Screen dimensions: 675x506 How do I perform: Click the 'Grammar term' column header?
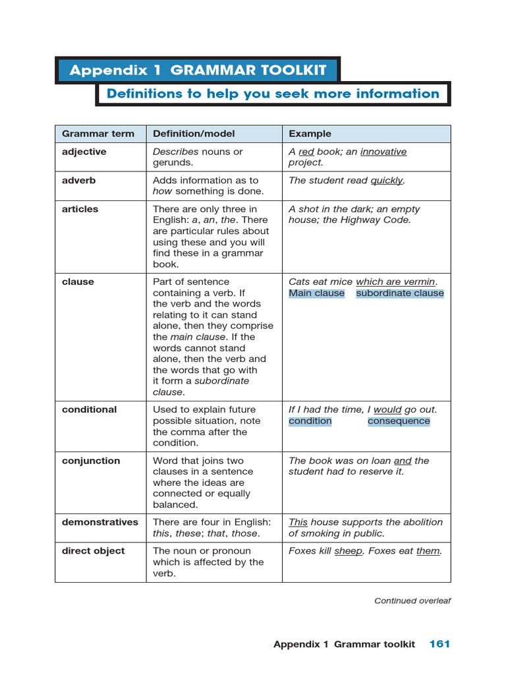tap(98, 134)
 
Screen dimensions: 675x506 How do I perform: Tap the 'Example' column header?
tap(310, 134)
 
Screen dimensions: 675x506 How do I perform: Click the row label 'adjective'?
tap(84, 152)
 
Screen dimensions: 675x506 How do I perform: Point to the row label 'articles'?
tap(80, 210)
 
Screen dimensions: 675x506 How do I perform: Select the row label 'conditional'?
tap(90, 410)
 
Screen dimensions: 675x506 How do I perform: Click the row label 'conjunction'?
tap(91, 461)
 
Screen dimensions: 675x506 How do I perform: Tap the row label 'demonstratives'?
tap(100, 522)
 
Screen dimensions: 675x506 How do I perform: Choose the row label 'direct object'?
tap(93, 551)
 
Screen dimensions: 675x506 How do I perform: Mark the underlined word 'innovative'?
tap(383, 152)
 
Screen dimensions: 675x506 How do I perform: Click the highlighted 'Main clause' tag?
tap(316, 293)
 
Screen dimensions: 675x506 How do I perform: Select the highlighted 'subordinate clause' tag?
tap(400, 293)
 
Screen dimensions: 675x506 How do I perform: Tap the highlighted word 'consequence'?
tap(399, 421)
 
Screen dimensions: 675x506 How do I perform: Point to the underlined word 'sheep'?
tap(349, 551)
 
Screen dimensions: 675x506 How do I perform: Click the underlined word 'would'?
tap(387, 410)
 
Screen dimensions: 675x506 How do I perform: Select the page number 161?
tap(439, 644)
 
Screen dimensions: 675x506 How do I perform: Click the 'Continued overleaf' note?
tap(412, 601)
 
